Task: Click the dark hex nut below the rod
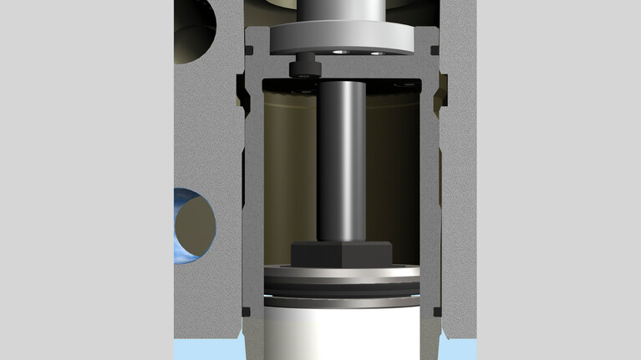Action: [x=341, y=253]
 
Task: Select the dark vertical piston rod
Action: [x=341, y=159]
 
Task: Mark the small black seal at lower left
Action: [x=246, y=312]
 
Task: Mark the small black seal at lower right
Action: [x=437, y=312]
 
